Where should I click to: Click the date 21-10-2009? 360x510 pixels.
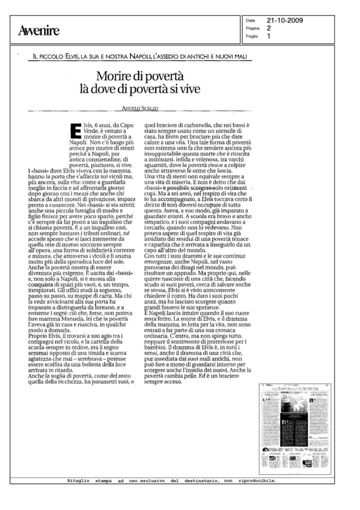[x=285, y=20]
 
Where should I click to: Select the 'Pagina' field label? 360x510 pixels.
[x=252, y=28]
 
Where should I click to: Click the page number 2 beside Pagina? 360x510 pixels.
[x=269, y=28]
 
